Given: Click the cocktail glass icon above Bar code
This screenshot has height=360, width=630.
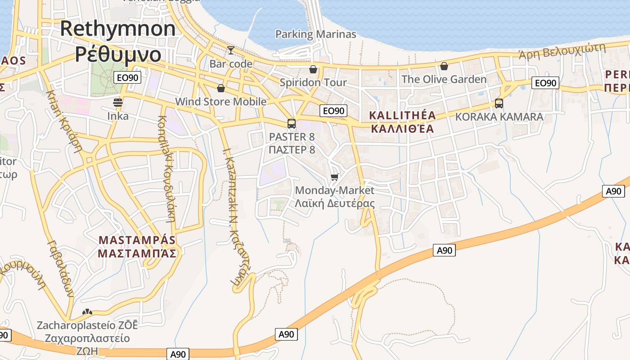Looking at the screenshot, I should [231, 50].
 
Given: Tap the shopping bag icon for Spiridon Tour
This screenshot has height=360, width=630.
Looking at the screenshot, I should [313, 69].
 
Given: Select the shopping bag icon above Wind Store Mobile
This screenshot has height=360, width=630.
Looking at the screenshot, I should [220, 88].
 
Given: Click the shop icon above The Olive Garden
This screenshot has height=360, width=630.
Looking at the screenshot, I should [444, 67].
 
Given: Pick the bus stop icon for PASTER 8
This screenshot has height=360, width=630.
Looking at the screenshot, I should [292, 123].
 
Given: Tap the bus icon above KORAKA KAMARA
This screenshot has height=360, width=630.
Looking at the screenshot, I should [499, 103].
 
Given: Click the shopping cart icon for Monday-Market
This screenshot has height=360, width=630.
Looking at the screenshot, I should [334, 177].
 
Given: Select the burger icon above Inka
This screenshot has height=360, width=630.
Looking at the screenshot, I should [118, 103].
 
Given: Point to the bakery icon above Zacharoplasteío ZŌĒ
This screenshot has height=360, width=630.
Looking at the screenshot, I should [87, 312].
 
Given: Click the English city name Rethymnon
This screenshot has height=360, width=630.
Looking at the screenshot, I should [118, 29].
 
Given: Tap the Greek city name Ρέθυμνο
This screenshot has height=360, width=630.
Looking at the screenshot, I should [118, 54].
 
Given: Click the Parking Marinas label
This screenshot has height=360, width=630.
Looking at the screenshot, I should [315, 34].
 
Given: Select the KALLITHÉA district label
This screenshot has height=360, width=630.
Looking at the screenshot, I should [402, 116].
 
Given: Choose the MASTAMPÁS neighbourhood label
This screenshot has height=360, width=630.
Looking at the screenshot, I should [136, 239].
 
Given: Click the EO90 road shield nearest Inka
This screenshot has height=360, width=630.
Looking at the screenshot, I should [127, 77].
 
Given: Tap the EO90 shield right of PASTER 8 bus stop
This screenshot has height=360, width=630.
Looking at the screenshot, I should [333, 111].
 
